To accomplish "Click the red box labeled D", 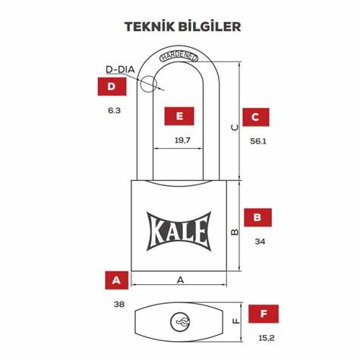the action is coord(112,87).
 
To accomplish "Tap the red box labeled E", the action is coord(179,116).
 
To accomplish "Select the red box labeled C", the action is coord(256,117).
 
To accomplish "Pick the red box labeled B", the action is coord(257,217).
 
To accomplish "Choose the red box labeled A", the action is coord(117,280).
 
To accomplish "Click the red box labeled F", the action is coord(264,314).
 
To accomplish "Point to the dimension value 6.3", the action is coord(114,111).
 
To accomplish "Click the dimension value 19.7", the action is coord(182,140).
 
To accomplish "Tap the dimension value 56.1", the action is coord(258,141).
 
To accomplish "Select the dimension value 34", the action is coord(260,242).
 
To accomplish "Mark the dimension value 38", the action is coord(119,304).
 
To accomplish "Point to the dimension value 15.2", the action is coord(267,338).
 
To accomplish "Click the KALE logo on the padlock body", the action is coord(178,232).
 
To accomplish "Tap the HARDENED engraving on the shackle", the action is coord(178,57).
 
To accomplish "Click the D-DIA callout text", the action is coord(120,69).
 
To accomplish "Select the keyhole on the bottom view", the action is coord(180,321).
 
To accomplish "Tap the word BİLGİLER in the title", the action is coord(210,27).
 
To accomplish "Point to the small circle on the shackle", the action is coord(147,84).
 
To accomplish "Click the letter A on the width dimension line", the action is coord(180,280).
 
